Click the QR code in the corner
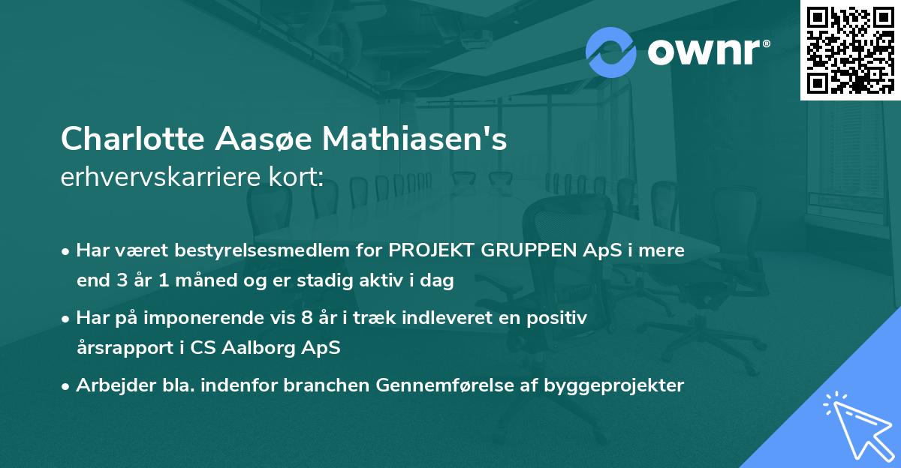[x=851, y=50]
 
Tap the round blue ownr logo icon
[x=610, y=52]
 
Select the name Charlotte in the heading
[x=119, y=140]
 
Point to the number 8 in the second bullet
[x=305, y=318]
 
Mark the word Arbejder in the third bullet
[x=110, y=385]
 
